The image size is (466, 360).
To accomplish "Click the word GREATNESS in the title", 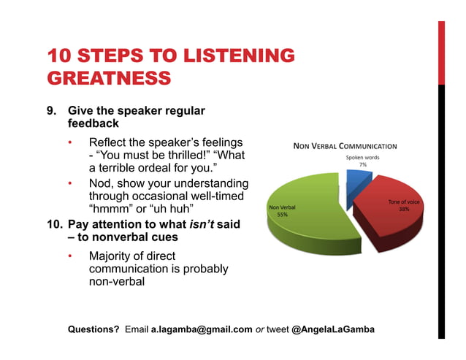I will click(x=109, y=77).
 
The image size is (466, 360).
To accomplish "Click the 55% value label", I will click(x=282, y=215).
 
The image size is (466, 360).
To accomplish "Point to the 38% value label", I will click(x=404, y=209).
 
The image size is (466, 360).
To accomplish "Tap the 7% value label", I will click(x=362, y=164).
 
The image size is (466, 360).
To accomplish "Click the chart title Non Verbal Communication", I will click(x=345, y=145).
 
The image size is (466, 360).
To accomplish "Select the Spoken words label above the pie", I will click(x=362, y=157).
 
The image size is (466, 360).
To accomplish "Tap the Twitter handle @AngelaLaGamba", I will click(x=333, y=329).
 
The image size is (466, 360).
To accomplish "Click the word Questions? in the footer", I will click(x=93, y=329).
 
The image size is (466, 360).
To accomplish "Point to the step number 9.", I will click(x=52, y=111).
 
